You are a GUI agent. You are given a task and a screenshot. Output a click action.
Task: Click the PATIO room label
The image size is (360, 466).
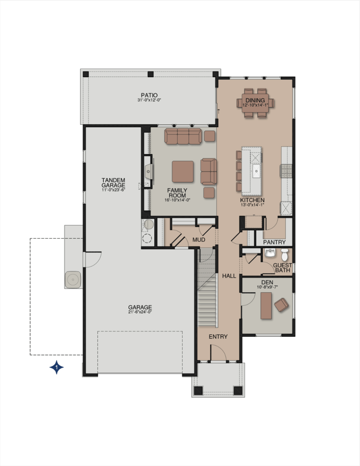coord(149,95)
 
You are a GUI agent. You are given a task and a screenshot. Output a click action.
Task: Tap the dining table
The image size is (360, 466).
coord(255,103)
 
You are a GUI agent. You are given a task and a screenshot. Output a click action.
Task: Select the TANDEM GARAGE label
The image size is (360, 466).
coord(113,183)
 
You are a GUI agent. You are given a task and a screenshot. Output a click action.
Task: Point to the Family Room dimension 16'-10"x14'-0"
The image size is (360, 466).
coord(178,200)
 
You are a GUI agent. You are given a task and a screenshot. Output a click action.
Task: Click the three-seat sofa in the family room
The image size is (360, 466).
coord(183,136)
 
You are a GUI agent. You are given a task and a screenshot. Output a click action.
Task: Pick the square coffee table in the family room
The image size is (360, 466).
coord(182,171)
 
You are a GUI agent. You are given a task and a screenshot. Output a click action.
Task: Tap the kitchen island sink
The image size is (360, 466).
coord(256,171)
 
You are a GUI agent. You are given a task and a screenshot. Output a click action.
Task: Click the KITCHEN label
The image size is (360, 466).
coord(252,200)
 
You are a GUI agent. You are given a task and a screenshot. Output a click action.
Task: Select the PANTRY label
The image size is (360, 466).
coord(275,242)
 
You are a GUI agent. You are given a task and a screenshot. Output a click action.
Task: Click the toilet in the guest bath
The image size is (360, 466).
coord(285,254)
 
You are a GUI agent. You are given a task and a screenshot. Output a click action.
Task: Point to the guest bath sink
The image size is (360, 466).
coord(270,253)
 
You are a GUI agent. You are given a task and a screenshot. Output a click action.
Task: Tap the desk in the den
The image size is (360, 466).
coord(266,306)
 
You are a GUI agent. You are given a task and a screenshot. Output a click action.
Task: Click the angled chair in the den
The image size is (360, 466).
coord(281,305)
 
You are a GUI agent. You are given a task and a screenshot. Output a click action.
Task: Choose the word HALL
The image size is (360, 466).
coord(229,276)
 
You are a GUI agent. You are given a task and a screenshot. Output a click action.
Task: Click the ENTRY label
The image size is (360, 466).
coord(218,337)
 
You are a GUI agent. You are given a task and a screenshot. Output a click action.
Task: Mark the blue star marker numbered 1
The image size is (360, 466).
coord(56,367)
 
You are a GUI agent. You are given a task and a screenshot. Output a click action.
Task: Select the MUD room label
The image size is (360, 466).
coord(199,240)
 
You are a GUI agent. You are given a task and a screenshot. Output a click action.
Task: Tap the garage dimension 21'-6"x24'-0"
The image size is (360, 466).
coord(140,312)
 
